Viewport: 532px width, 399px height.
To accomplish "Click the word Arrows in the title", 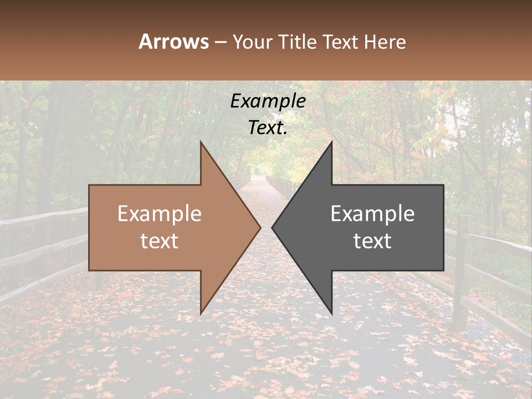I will tap(173, 42).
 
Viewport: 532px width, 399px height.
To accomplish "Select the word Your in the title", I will tap(252, 42).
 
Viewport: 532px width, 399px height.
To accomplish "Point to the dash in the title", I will tap(221, 42).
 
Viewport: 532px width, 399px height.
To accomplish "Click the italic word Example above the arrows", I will tap(268, 101).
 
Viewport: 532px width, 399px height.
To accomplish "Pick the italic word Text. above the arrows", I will tap(268, 128).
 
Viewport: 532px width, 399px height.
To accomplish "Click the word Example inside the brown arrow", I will tap(160, 214).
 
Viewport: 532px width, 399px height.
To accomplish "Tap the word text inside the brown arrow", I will tap(160, 241).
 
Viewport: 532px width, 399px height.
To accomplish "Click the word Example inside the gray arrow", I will tap(372, 214).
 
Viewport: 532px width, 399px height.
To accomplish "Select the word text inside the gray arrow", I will tap(372, 241).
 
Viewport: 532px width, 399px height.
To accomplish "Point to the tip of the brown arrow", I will tap(260, 227).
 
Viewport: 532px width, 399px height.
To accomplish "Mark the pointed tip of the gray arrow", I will tap(272, 227).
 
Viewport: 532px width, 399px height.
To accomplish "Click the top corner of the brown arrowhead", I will tap(201, 143).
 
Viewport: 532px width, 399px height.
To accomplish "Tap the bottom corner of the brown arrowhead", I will tap(201, 313).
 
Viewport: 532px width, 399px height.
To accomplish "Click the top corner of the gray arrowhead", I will tap(331, 143).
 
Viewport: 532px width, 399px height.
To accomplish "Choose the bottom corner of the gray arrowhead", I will tap(331, 313).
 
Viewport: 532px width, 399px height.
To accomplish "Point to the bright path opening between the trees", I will tap(258, 172).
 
